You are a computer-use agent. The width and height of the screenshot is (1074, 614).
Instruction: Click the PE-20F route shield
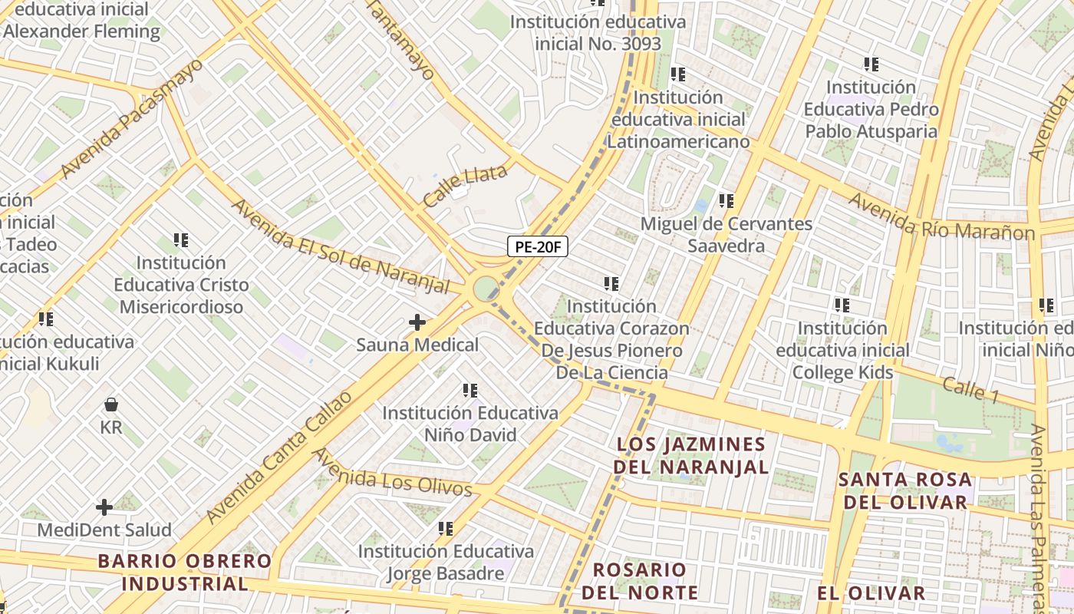point(537,247)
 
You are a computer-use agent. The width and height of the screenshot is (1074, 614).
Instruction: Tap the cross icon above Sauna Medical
point(417,322)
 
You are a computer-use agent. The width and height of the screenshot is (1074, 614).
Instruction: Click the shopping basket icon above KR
point(111,404)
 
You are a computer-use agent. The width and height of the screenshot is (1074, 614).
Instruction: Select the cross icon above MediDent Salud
point(104,507)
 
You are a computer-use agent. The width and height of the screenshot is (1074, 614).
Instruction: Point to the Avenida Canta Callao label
point(281,457)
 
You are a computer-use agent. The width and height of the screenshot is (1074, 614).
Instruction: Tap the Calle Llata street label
point(465,185)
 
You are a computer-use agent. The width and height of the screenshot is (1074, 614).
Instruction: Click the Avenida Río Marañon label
point(941,216)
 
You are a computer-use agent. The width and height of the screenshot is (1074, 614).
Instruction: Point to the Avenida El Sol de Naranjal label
point(340,246)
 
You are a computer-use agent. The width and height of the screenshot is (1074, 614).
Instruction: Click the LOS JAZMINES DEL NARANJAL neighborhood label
point(692,455)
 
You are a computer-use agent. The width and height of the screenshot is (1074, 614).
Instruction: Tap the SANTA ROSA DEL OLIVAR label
point(905,491)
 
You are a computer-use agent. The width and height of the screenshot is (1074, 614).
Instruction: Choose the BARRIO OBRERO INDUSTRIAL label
point(185,572)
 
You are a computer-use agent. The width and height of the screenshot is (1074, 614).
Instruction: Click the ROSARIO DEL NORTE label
point(640,581)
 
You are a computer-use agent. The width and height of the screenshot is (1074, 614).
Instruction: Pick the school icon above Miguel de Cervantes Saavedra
point(726,201)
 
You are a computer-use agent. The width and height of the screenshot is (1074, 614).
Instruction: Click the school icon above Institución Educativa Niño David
point(470,391)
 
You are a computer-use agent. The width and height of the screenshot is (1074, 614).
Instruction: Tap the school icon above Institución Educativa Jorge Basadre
point(446,529)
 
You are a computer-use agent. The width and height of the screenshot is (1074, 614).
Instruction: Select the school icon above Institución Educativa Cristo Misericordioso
point(181,240)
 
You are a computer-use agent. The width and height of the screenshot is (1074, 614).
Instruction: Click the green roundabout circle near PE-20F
point(485,289)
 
